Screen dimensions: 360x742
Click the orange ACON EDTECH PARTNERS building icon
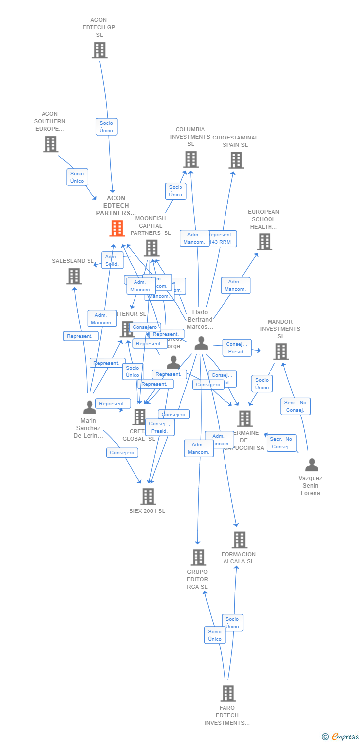coord(117,229)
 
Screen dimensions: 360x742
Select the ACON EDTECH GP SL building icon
coord(100,50)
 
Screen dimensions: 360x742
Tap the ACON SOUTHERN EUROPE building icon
coord(50,144)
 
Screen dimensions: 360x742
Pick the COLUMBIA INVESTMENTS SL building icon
coord(191,160)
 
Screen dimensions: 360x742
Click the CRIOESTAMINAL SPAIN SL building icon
coord(236,160)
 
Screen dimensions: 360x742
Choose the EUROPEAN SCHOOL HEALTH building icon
coord(265,242)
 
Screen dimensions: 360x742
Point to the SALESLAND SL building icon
coord(74,276)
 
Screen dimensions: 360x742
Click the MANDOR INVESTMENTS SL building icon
coord(281,352)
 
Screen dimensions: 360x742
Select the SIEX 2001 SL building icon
coord(148,496)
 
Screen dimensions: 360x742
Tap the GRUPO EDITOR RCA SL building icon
coord(198,557)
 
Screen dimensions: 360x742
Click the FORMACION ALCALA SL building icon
coord(240,540)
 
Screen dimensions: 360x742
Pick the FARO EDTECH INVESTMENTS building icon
coord(228,694)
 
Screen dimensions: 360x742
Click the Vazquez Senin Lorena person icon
coord(312,465)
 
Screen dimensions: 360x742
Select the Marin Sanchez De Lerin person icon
coord(90,407)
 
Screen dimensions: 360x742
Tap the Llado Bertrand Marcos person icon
coord(201,343)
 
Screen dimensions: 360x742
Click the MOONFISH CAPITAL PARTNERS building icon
coord(151,248)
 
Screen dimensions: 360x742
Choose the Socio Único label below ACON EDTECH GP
coord(106,127)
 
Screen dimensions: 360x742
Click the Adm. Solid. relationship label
coord(112,260)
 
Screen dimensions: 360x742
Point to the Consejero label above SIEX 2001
coord(122,452)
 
